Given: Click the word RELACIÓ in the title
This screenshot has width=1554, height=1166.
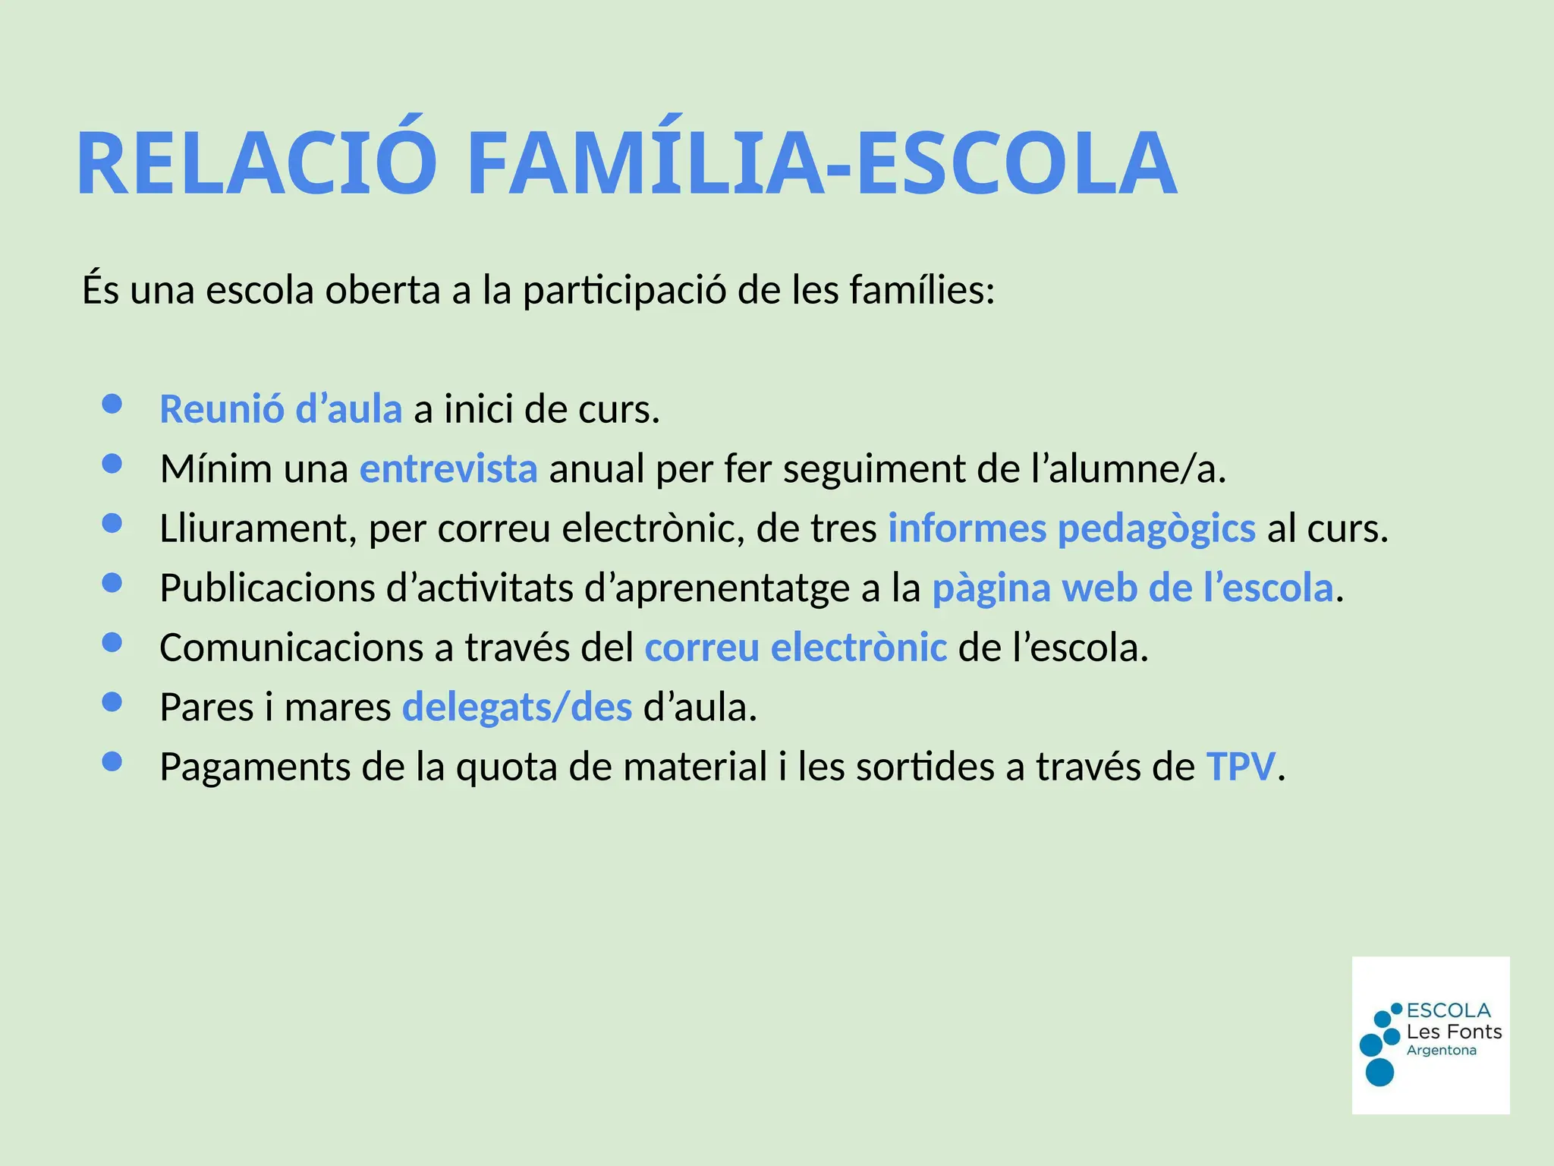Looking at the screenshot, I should [x=256, y=164].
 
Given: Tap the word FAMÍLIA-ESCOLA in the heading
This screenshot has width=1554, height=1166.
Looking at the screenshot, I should [x=822, y=164].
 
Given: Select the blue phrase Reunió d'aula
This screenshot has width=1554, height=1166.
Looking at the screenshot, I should [x=280, y=409].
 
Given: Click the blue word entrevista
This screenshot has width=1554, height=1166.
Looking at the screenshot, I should [x=448, y=468].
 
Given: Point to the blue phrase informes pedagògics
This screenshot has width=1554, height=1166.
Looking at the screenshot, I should [x=1071, y=528].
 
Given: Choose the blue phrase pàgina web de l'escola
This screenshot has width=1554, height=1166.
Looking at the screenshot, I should [x=1132, y=588].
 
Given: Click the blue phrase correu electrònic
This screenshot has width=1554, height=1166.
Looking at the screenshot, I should [x=795, y=648].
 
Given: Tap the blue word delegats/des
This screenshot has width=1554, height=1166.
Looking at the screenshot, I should [x=517, y=707].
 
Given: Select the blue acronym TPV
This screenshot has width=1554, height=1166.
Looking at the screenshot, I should [x=1241, y=767].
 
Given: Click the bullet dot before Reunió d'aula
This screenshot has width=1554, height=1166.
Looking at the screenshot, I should [x=112, y=405].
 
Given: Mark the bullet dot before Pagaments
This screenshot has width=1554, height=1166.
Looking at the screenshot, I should [x=112, y=761].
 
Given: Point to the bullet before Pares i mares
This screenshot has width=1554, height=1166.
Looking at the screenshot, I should [x=112, y=702].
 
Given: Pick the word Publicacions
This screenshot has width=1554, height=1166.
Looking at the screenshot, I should [x=268, y=588].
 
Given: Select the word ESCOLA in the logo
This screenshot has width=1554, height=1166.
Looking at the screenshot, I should [x=1448, y=1010].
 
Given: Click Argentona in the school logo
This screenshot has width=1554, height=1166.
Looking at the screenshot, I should [x=1441, y=1051].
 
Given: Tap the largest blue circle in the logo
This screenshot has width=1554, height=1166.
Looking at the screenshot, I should [x=1379, y=1072].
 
